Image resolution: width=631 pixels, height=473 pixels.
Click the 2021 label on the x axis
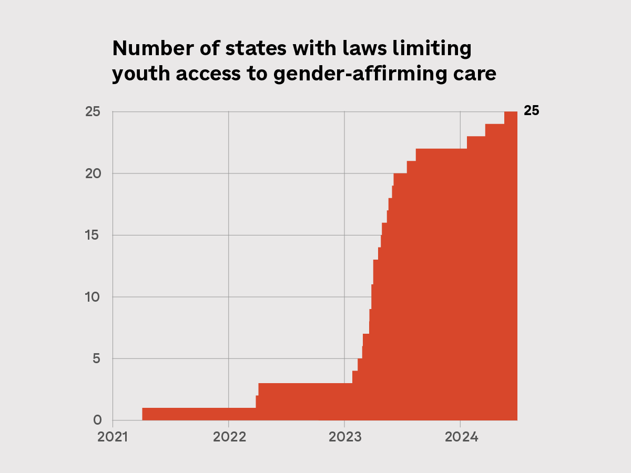point(113,437)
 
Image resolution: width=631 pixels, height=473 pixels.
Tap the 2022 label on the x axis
point(228,437)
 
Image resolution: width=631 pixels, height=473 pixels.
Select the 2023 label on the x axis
point(344,437)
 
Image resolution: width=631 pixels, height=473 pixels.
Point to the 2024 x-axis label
point(460,437)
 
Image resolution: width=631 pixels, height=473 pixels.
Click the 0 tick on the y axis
point(97,420)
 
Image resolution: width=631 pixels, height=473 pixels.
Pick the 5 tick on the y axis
point(97,358)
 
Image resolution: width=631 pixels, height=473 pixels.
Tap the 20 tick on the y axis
point(93,173)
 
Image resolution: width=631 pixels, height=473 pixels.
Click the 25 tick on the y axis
point(93,111)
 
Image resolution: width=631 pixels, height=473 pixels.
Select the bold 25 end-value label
point(531,111)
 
